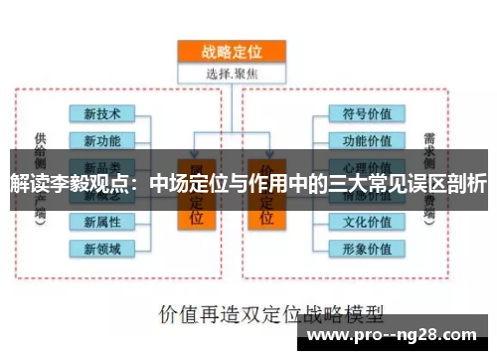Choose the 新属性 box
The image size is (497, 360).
coord(101,221)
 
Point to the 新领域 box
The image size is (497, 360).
coord(101,247)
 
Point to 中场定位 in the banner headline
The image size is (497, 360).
coord(184,184)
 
